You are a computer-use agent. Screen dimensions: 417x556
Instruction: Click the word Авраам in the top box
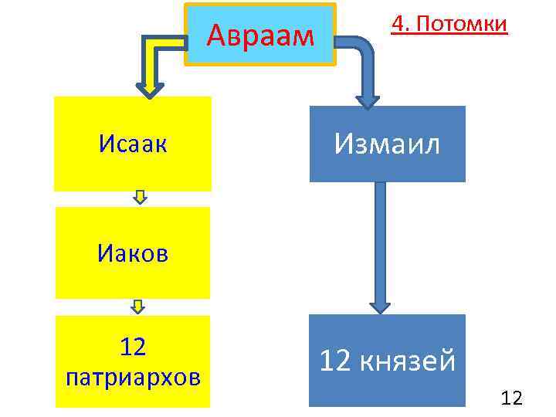261,35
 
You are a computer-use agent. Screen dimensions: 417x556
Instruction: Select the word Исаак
133,143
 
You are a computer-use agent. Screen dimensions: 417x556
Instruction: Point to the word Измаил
388,143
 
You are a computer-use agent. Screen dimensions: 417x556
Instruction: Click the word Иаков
132,253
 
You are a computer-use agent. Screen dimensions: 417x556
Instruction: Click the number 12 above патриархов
134,347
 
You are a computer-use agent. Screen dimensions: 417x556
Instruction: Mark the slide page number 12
512,398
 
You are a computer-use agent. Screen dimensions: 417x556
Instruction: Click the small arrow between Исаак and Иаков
140,198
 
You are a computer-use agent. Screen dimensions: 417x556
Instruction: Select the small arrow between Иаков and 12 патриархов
137,307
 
